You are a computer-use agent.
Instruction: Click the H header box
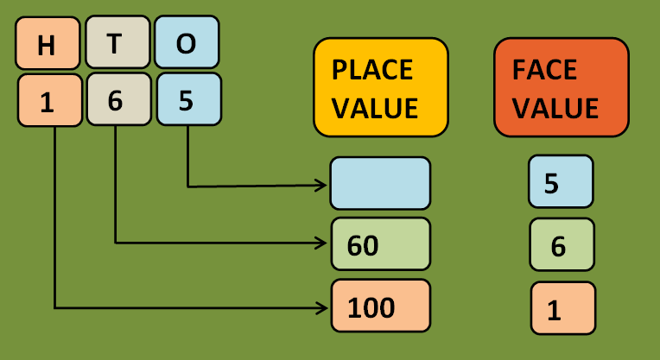click(x=48, y=44)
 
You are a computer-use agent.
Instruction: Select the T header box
click(x=117, y=43)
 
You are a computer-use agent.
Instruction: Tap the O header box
click(x=187, y=43)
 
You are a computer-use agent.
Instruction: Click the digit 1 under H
click(x=49, y=101)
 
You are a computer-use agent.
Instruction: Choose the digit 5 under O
click(x=188, y=99)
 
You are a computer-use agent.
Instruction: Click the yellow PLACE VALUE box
click(x=380, y=87)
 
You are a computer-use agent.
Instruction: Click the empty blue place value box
click(x=380, y=183)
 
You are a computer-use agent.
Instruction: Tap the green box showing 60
click(x=380, y=245)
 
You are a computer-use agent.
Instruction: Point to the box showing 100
click(x=380, y=306)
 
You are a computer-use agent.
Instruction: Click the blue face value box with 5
click(x=561, y=183)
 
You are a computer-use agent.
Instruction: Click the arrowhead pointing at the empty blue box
click(x=324, y=185)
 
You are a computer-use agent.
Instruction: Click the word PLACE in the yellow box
click(x=372, y=68)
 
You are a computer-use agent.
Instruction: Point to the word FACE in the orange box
click(x=544, y=68)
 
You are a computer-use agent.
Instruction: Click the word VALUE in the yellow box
click(x=375, y=108)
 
